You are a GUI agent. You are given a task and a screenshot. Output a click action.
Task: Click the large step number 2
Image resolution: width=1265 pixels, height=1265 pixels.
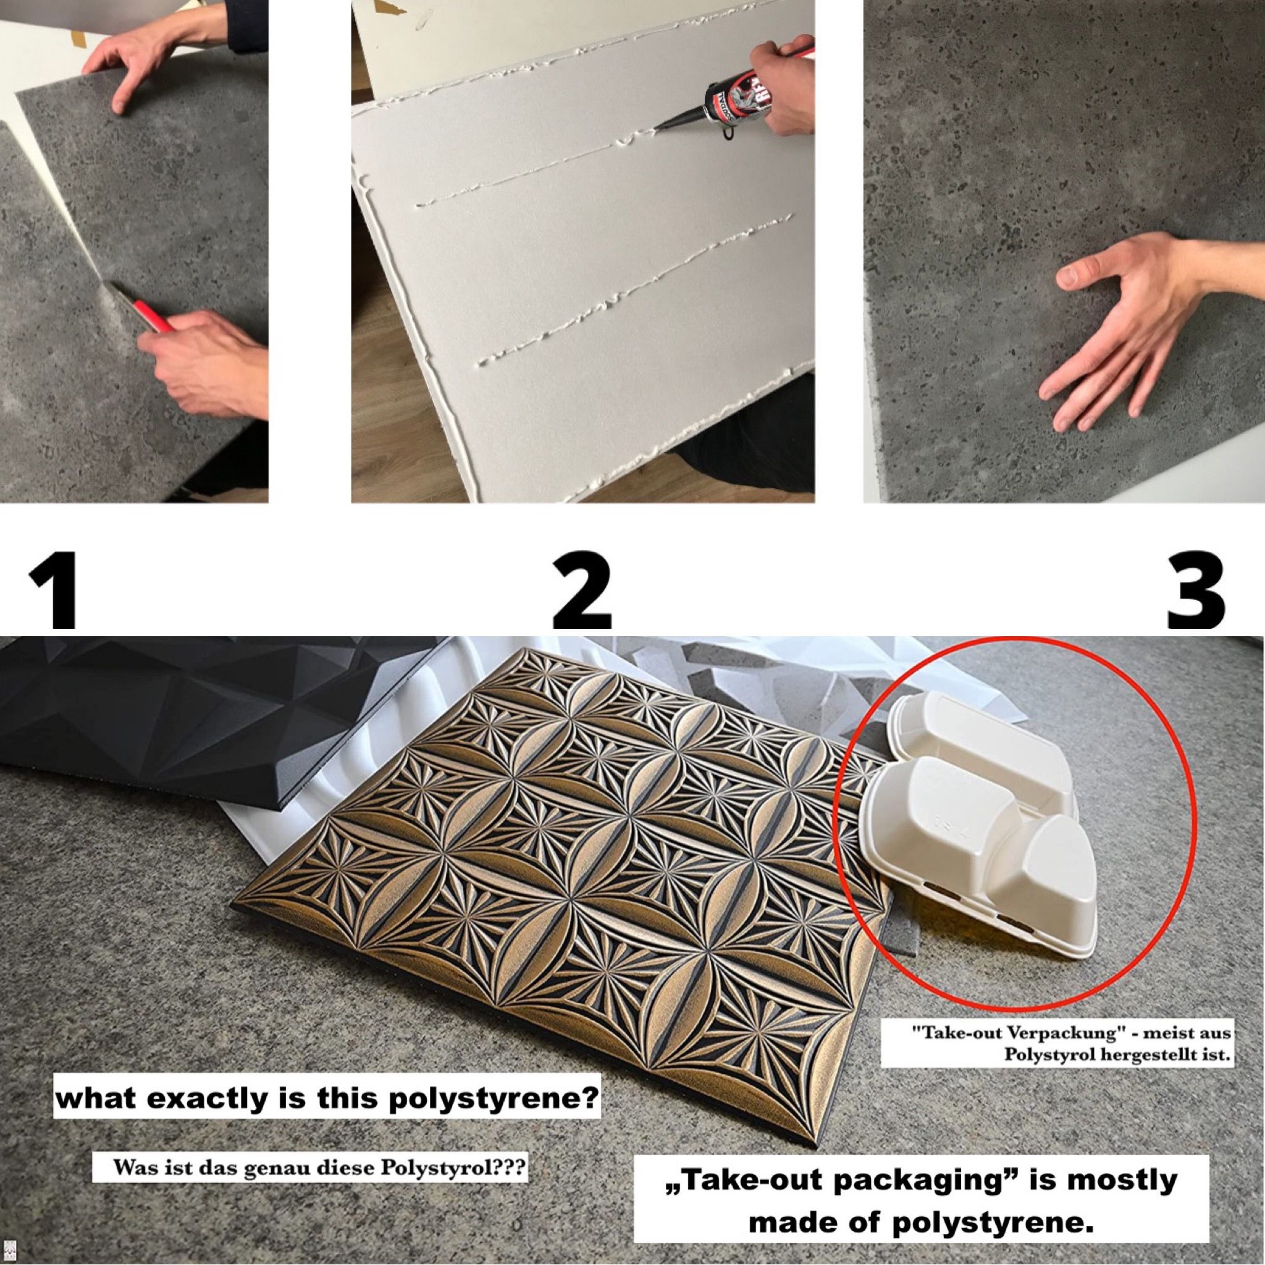[x=581, y=582]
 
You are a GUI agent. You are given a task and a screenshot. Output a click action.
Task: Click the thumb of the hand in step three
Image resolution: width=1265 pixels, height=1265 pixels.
[x=1077, y=275]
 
